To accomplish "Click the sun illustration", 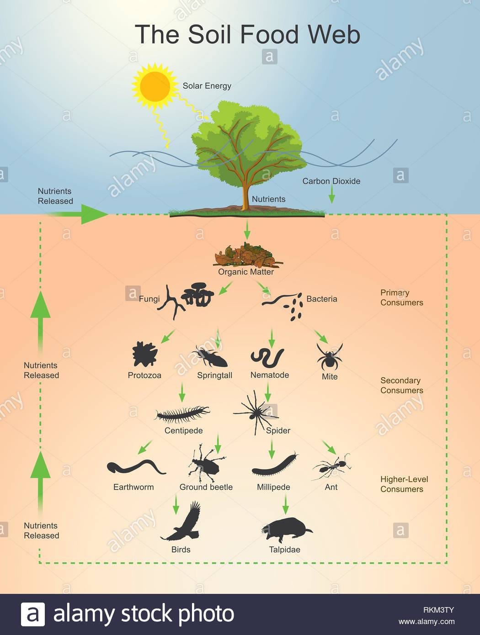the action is coord(155,85).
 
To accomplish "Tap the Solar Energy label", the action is coord(207,86).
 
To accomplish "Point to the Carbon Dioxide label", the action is coord(331,181).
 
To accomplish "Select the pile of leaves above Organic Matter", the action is coord(246,256).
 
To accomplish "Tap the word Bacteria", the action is coord(321,299).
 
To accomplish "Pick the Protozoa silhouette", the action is coord(144,355).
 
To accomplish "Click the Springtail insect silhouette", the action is coord(211,356).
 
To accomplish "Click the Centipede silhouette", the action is coord(182,414).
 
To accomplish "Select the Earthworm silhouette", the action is coord(136,467).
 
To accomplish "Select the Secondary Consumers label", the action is coord(401,385).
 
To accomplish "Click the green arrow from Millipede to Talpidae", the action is coord(286,504).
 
